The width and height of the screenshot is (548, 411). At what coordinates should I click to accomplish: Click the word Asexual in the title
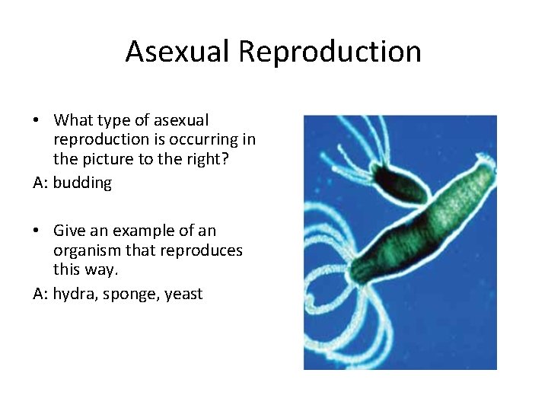pyautogui.click(x=178, y=52)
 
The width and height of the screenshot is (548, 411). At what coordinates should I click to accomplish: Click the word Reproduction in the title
pyautogui.click(x=330, y=52)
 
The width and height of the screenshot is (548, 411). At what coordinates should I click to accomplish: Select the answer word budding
pyautogui.click(x=82, y=183)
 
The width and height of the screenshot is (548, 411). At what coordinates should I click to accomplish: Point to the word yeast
pyautogui.click(x=183, y=294)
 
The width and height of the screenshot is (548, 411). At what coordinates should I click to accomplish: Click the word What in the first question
pyautogui.click(x=73, y=120)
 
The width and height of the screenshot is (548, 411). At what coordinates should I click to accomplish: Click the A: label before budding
pyautogui.click(x=40, y=183)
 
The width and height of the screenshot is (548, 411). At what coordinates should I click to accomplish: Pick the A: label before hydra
pyautogui.click(x=40, y=294)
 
